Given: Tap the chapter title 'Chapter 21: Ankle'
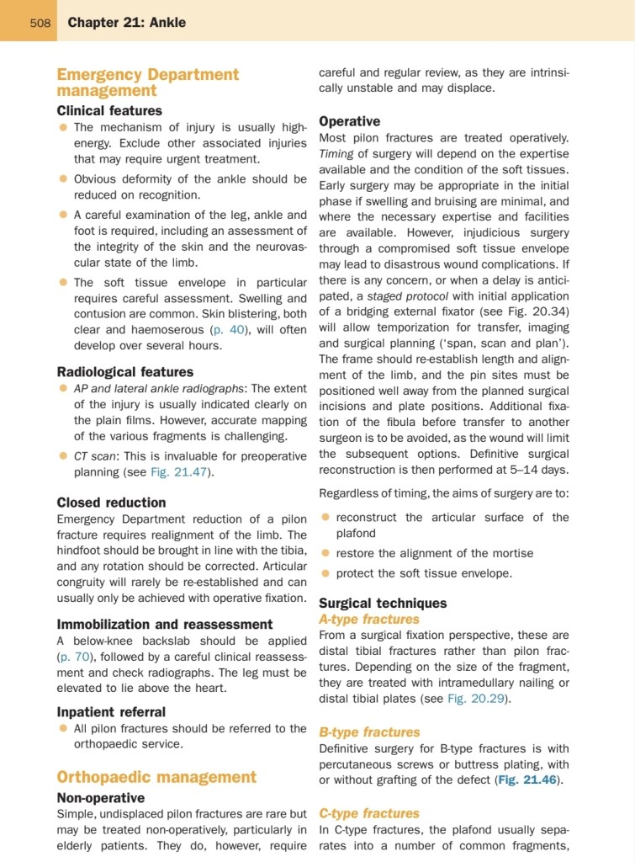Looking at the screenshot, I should (127, 22).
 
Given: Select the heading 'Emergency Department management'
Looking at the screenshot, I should (147, 82).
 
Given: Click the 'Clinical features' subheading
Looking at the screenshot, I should (109, 110).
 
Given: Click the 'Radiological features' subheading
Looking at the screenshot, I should (124, 371).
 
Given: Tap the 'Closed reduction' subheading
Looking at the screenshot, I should (111, 502).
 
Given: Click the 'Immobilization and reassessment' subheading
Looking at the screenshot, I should (165, 624).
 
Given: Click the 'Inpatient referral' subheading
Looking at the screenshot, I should (111, 711).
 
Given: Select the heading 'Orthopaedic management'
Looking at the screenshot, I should (156, 776).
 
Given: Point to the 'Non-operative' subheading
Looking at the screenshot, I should (100, 797).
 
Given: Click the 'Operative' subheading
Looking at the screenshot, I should (349, 121).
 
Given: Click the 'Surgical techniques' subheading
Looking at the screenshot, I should (383, 603).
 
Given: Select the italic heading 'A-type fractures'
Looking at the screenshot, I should (368, 619).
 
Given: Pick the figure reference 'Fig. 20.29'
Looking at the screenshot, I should (478, 698).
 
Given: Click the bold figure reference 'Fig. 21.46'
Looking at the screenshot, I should (527, 780).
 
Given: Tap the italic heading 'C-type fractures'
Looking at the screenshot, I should (369, 813).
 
